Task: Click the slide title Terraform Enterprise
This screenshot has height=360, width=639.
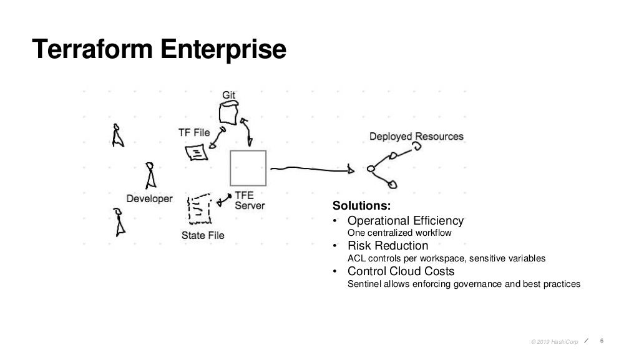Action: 160,49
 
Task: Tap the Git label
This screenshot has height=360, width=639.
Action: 229,95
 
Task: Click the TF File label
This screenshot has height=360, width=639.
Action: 194,132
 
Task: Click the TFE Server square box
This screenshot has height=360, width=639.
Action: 248,168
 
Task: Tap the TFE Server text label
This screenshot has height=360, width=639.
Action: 250,200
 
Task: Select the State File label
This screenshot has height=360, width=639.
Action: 203,235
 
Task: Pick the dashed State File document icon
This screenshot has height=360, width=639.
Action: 199,209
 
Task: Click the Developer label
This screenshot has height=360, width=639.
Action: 149,198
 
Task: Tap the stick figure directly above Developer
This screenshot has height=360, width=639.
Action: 150,176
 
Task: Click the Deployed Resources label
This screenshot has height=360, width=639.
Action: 416,137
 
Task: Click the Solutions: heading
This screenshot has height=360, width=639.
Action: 361,206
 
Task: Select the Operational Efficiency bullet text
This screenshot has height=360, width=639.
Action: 406,221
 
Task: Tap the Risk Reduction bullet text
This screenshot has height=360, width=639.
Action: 388,246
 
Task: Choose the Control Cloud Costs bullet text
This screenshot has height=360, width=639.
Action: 401,271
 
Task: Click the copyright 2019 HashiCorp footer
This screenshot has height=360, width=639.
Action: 554,341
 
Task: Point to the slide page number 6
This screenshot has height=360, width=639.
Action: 602,341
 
